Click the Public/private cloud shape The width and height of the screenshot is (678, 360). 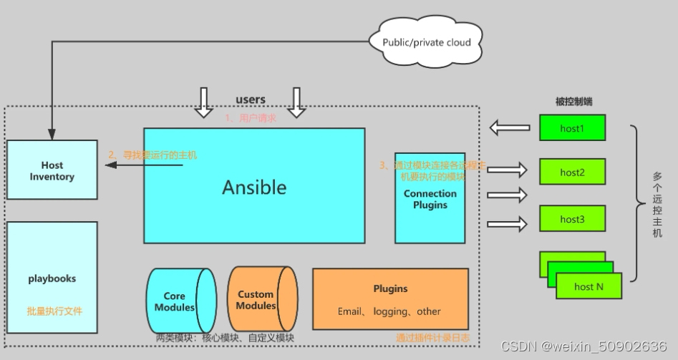pyautogui.click(x=427, y=42)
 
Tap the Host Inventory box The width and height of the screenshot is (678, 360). pyautogui.click(x=52, y=170)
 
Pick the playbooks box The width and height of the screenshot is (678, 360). pyautogui.click(x=52, y=278)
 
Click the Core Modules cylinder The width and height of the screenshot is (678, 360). pyautogui.click(x=179, y=301)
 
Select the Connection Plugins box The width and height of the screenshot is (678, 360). pyautogui.click(x=430, y=198)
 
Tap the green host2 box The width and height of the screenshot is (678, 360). pyautogui.click(x=573, y=172)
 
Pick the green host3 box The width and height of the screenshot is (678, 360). pyautogui.click(x=573, y=219)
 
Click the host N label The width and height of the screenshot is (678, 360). pyautogui.click(x=588, y=286)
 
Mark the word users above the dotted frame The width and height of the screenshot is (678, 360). pyautogui.click(x=251, y=99)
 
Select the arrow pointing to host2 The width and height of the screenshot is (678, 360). pyautogui.click(x=508, y=170)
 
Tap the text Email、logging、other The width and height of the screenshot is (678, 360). pyautogui.click(x=389, y=311)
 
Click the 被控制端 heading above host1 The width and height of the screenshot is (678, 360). pyautogui.click(x=573, y=102)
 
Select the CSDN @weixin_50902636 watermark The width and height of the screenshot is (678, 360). pyautogui.click(x=584, y=346)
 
